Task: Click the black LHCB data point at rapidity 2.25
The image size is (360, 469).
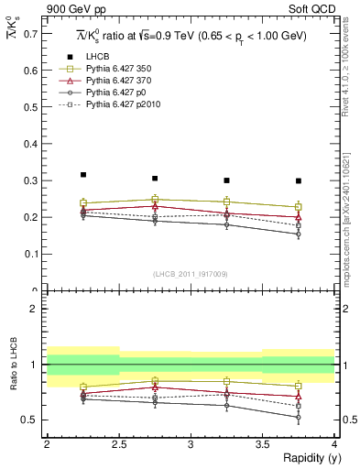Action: tap(83, 174)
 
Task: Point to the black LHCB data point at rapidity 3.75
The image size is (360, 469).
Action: tap(299, 180)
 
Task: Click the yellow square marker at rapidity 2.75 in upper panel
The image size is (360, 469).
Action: tap(155, 199)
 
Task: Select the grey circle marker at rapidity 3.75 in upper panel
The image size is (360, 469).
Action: tap(299, 234)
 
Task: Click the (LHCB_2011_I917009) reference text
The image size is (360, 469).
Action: tap(191, 273)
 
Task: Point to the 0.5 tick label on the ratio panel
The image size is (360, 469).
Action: tap(31, 420)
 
